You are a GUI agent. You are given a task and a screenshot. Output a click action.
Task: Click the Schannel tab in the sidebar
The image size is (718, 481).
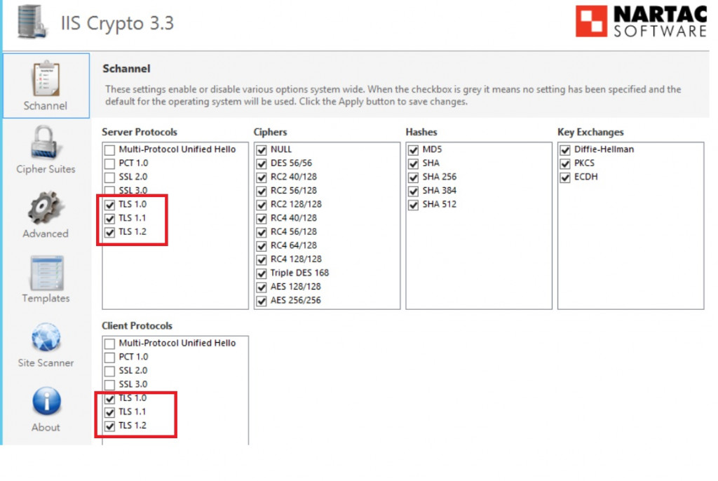click(46, 86)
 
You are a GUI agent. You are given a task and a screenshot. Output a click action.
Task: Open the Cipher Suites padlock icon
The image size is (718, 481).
click(44, 142)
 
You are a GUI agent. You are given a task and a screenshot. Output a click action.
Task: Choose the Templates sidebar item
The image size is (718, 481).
click(46, 280)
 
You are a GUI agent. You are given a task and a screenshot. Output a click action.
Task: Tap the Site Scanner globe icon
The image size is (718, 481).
click(46, 337)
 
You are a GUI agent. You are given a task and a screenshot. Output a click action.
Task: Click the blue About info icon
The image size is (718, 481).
click(46, 401)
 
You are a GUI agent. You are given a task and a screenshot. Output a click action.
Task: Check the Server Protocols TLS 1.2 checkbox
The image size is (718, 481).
click(110, 232)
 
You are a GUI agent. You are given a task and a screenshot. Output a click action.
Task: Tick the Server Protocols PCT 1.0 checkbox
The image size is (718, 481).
click(110, 163)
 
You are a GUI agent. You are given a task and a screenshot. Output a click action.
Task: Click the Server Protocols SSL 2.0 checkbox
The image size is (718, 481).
click(110, 177)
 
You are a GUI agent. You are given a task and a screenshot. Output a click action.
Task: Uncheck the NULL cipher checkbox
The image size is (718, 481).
click(262, 150)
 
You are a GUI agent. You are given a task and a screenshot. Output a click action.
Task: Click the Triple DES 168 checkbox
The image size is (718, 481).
click(262, 273)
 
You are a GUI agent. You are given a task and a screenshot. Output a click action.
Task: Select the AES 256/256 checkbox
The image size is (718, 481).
click(262, 301)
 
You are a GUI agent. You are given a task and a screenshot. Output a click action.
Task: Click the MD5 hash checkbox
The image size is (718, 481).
click(414, 150)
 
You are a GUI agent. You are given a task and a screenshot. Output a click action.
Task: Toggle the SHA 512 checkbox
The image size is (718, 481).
click(414, 205)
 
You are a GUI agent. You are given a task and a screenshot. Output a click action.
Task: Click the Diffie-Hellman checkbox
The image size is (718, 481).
click(565, 150)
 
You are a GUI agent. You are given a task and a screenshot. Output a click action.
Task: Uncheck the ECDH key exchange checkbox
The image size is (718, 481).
click(565, 177)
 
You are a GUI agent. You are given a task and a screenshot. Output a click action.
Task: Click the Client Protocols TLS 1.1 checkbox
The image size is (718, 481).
click(110, 412)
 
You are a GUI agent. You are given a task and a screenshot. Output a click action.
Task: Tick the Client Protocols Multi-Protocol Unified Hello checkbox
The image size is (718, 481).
click(110, 344)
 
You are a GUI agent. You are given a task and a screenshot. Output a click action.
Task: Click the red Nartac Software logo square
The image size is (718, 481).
click(591, 21)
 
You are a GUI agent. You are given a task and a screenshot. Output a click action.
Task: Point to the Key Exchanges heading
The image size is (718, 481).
click(590, 132)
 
